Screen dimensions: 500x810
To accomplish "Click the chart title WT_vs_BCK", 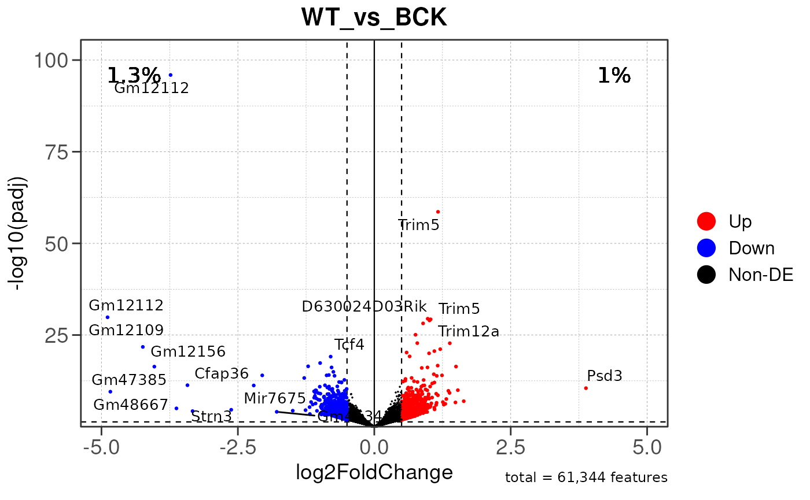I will (374, 18).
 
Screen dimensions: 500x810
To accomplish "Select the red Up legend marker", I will (706, 221).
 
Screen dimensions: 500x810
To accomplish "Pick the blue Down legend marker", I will (706, 248).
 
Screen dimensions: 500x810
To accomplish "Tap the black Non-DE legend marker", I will (706, 275).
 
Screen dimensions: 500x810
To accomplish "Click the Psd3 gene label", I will (604, 376).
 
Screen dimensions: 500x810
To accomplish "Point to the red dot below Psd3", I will (586, 388).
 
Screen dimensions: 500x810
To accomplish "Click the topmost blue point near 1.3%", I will (170, 75).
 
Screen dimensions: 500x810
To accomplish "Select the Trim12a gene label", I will (468, 332).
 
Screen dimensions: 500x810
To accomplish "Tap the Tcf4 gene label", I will (349, 345).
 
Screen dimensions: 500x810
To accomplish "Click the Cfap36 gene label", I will (221, 373).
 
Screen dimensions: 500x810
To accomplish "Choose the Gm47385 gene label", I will (129, 380).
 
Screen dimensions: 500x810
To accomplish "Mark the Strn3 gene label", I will (211, 416).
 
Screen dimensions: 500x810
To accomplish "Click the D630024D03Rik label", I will (364, 306).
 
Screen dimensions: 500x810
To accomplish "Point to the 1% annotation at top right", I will (614, 75).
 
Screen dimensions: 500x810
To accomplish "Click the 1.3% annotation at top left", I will (134, 75).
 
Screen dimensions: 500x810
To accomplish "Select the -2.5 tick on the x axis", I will (237, 447).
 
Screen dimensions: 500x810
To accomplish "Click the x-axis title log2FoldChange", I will (374, 473).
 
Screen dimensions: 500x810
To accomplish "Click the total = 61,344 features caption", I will (586, 477).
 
